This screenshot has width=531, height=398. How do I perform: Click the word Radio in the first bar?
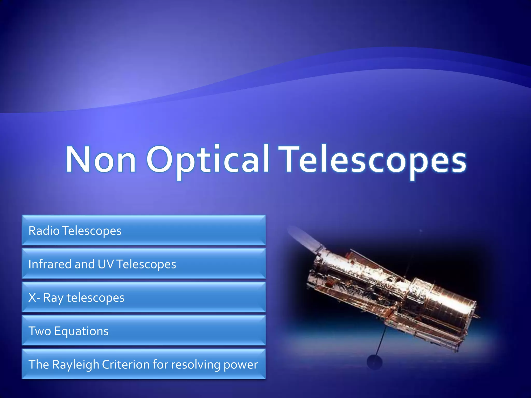(x=44, y=231)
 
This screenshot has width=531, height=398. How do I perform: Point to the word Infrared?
(x=50, y=264)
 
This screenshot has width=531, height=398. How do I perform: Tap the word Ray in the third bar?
(x=53, y=298)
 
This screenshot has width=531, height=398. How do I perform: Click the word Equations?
(x=81, y=331)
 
